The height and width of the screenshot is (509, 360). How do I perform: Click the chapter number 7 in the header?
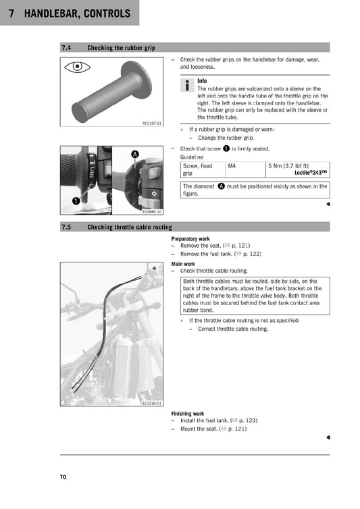(x=12, y=13)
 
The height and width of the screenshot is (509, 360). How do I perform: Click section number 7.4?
(x=67, y=48)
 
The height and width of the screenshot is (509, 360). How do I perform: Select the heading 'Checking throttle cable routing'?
(x=129, y=227)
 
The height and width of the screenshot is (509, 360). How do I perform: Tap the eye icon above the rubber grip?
(x=78, y=68)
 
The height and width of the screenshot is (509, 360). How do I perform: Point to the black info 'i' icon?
(x=187, y=85)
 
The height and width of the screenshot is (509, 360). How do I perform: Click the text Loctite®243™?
(x=307, y=173)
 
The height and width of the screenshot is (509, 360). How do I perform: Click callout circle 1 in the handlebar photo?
(x=76, y=200)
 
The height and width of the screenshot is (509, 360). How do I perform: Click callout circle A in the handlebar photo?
(x=134, y=155)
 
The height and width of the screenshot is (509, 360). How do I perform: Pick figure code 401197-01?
(x=152, y=124)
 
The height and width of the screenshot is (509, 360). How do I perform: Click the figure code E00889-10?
(x=152, y=211)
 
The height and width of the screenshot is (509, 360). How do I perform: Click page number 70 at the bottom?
(x=63, y=477)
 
